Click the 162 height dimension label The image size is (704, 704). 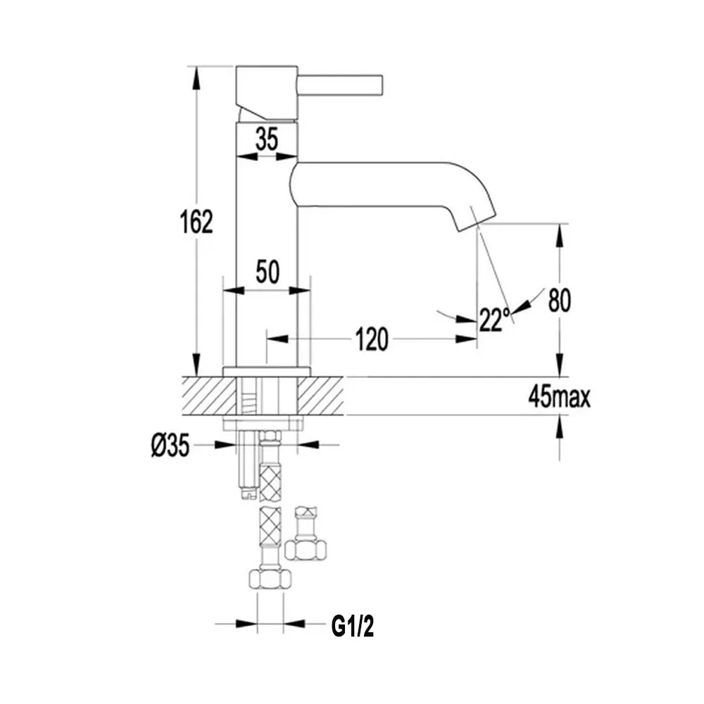click(x=196, y=221)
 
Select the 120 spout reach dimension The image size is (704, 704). click(x=372, y=339)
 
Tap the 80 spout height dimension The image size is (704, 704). click(x=560, y=300)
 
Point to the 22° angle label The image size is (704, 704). click(x=494, y=319)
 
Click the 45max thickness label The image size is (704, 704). click(x=559, y=396)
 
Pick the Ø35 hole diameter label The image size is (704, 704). click(x=170, y=446)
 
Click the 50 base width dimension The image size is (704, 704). click(x=268, y=271)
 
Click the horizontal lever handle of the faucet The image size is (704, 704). click(x=340, y=85)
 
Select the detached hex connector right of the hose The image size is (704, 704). click(x=306, y=534)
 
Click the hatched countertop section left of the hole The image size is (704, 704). click(x=209, y=396)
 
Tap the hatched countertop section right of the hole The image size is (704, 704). click(x=320, y=396)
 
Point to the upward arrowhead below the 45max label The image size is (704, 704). click(x=559, y=427)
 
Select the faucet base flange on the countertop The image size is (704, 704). click(x=267, y=372)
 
